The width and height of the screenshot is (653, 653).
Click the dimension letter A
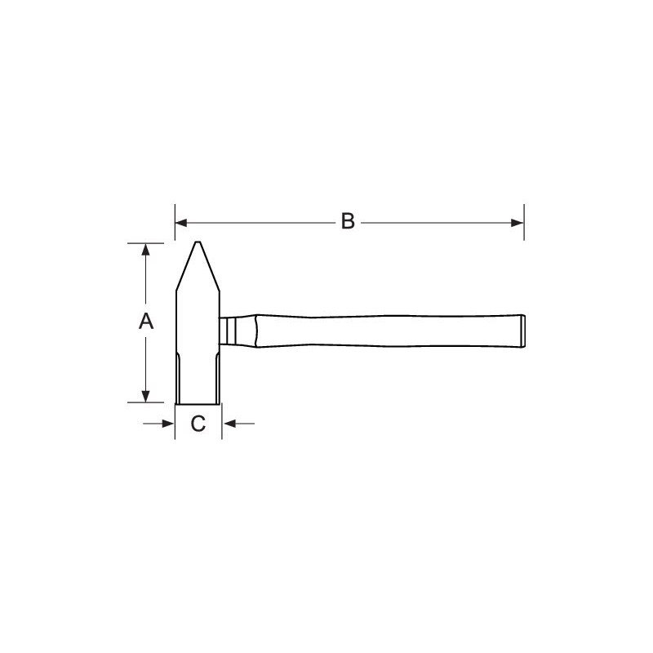pyautogui.click(x=146, y=321)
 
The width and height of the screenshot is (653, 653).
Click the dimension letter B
pyautogui.click(x=348, y=221)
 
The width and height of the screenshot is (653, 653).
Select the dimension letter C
pyautogui.click(x=198, y=424)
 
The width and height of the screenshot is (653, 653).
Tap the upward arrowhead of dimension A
pyautogui.click(x=145, y=250)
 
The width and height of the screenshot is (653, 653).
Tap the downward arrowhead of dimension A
pyautogui.click(x=145, y=396)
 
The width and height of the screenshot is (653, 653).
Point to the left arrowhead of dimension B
pyautogui.click(x=181, y=223)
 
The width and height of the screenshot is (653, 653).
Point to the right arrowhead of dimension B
pyautogui.click(x=518, y=223)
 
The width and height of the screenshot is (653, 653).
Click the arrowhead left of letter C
pyautogui.click(x=168, y=424)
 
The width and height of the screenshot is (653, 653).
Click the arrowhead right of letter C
pyautogui.click(x=229, y=424)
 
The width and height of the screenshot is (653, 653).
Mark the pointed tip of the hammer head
pyautogui.click(x=198, y=242)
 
